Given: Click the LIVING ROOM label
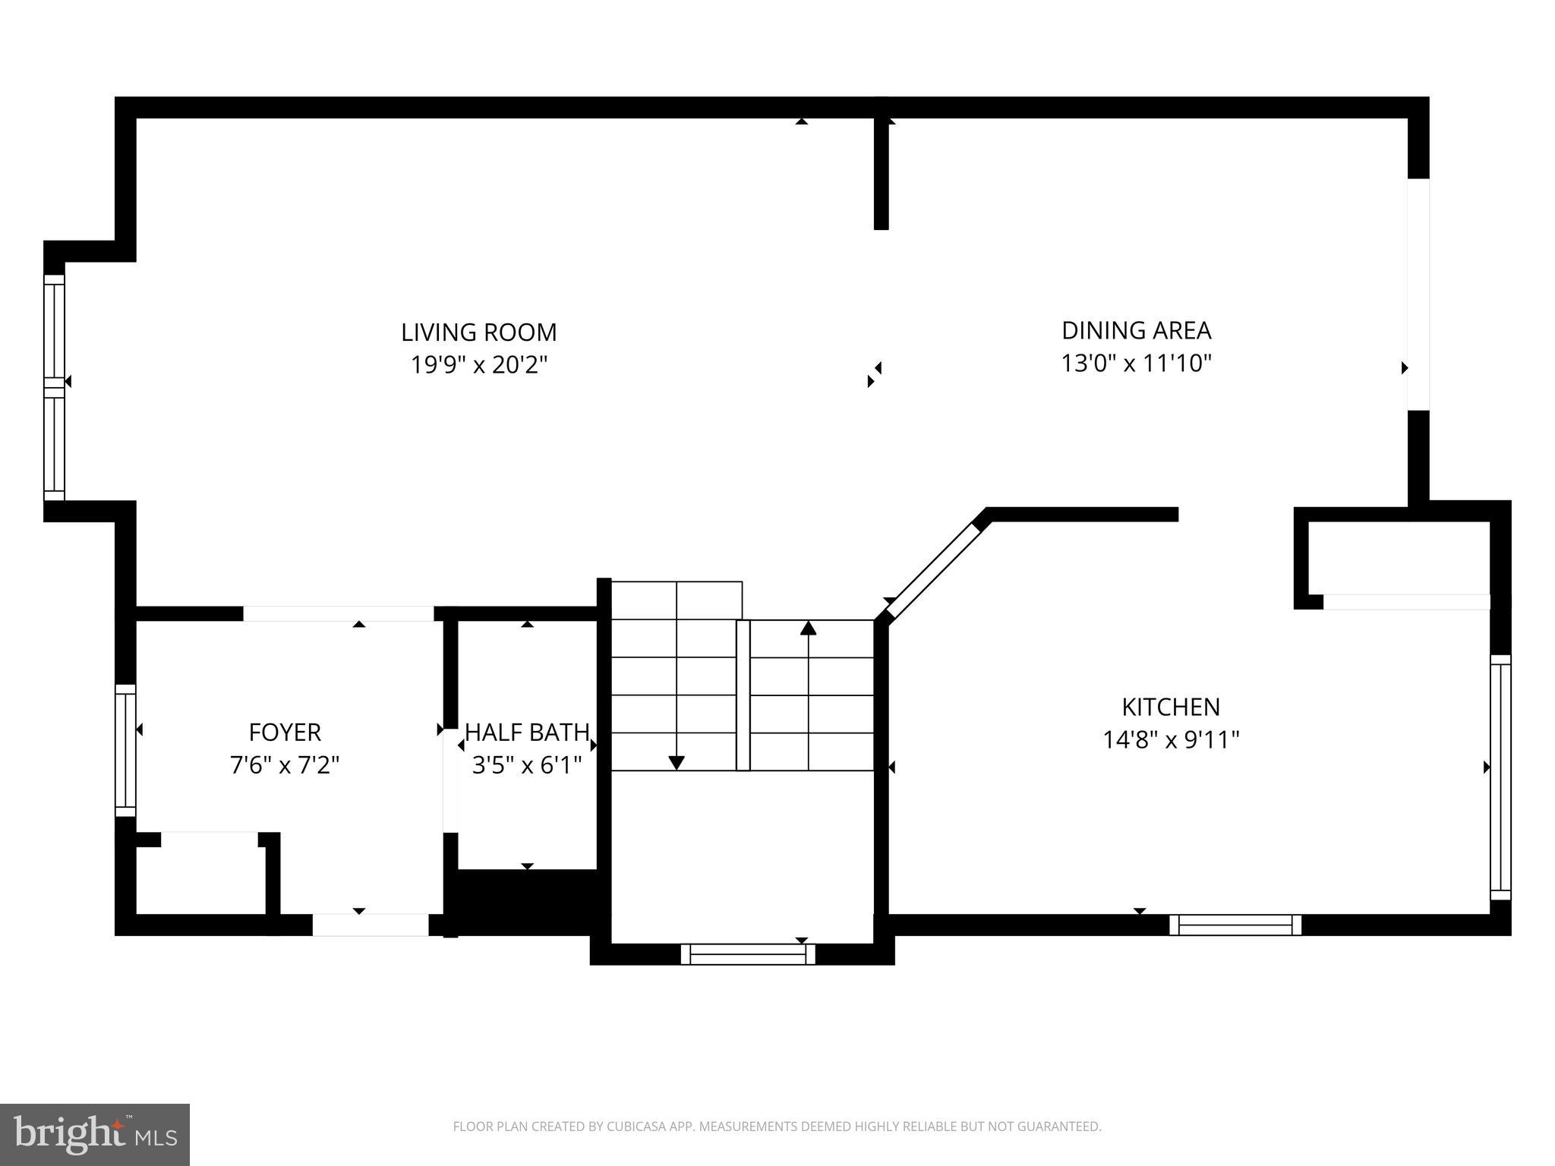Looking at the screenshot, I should point(478,332).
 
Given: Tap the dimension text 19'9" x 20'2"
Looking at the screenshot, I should point(478,365).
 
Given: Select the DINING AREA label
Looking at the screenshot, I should point(1136,330).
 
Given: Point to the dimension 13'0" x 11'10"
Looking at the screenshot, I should point(1136,364).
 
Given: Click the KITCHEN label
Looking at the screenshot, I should point(1171,707).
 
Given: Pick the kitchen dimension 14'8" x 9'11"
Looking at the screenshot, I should point(1171,739).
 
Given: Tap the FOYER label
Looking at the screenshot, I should point(285,732).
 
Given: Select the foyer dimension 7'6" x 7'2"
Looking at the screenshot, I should point(285,764).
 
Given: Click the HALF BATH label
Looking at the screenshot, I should point(527,732).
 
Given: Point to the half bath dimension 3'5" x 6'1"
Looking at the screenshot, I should point(527,764).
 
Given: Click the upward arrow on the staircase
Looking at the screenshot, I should point(808,629).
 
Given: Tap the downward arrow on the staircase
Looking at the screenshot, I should point(676,762).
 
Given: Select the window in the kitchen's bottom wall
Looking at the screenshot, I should point(1235,925).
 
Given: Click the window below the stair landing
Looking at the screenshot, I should point(748,954).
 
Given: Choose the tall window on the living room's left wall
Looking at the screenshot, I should point(54,387).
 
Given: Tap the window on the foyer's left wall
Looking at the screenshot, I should point(125,750).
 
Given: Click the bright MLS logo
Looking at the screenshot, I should point(95,1134).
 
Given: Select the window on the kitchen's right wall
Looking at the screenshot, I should point(1500,777).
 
